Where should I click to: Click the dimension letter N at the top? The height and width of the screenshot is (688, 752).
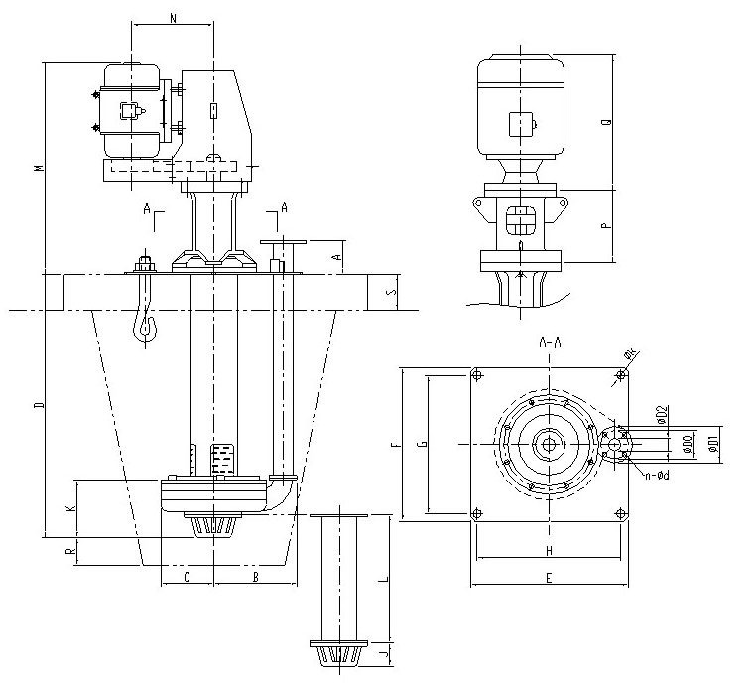tap(173, 17)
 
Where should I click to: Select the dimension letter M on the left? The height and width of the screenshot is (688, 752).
tap(37, 167)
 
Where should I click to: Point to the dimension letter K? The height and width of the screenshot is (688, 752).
tap(69, 509)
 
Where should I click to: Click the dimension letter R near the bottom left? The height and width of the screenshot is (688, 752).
tap(69, 551)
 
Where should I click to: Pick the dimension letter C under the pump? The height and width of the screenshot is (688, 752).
tap(187, 575)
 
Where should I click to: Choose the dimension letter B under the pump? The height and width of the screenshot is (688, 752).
tap(255, 575)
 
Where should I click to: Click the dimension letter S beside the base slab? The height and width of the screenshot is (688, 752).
tap(391, 292)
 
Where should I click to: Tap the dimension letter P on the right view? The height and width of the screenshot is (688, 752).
tap(606, 225)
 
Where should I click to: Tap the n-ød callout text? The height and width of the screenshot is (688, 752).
tap(656, 476)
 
